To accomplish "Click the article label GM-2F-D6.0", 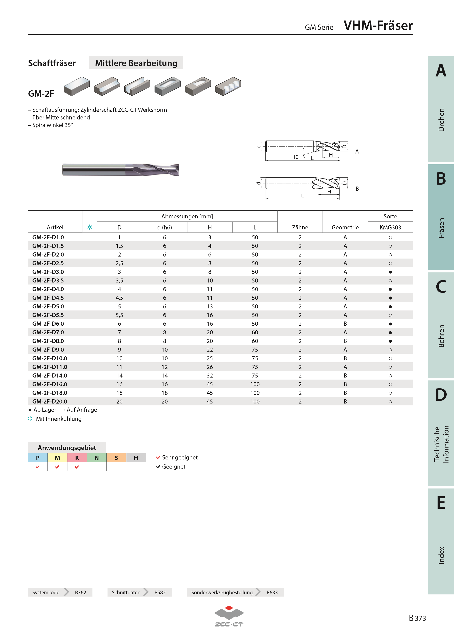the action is point(48,324).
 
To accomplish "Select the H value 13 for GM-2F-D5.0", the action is point(210,307).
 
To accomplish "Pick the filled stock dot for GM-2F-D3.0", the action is point(390,272).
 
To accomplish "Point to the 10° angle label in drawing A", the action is point(296,157).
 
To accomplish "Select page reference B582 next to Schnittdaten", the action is point(160,592).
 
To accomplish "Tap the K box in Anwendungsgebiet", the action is point(77,458).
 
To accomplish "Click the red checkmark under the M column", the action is point(57,467).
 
